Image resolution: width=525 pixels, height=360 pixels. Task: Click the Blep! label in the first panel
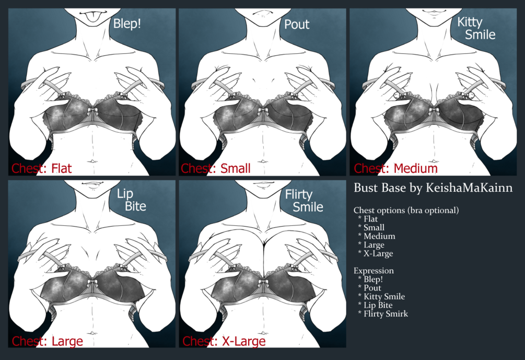[x=127, y=24]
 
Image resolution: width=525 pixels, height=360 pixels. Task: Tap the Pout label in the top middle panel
[x=297, y=24]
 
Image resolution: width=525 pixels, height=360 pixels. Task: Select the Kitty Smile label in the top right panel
[x=476, y=28]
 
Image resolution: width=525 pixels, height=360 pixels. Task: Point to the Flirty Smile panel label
[x=304, y=201]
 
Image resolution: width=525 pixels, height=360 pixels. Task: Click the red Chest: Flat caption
[x=41, y=168]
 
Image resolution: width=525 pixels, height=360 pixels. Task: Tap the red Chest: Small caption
[x=216, y=168]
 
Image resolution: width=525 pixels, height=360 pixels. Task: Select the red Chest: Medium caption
[x=396, y=168]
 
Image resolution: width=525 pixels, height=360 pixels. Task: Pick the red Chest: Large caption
[x=47, y=341]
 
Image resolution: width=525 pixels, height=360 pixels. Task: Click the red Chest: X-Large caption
[x=224, y=341]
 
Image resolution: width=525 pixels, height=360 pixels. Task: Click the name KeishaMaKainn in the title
[x=469, y=188]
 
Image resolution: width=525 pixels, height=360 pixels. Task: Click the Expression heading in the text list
[x=374, y=271]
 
